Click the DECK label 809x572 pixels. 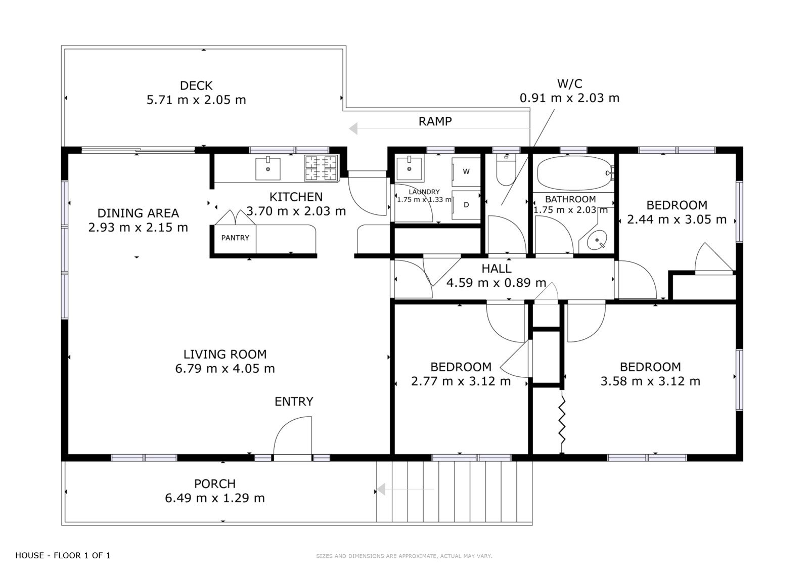(x=196, y=85)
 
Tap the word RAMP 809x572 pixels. (x=435, y=121)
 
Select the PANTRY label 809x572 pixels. (x=235, y=238)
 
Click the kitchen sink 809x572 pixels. (x=267, y=168)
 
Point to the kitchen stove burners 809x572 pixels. (x=321, y=168)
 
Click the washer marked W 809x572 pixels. (x=466, y=171)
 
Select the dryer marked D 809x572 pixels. (x=466, y=205)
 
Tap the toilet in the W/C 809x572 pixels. (x=506, y=169)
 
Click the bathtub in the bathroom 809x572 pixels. (x=574, y=173)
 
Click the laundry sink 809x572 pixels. (x=409, y=168)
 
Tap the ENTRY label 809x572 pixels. (x=294, y=402)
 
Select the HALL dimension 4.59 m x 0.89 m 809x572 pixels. (x=496, y=283)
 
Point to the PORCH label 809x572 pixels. (x=215, y=483)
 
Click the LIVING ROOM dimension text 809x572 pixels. (x=225, y=369)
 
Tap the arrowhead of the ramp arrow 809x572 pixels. (x=353, y=128)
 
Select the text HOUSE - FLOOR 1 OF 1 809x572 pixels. (x=63, y=555)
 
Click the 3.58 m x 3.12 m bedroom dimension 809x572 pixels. (x=650, y=381)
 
